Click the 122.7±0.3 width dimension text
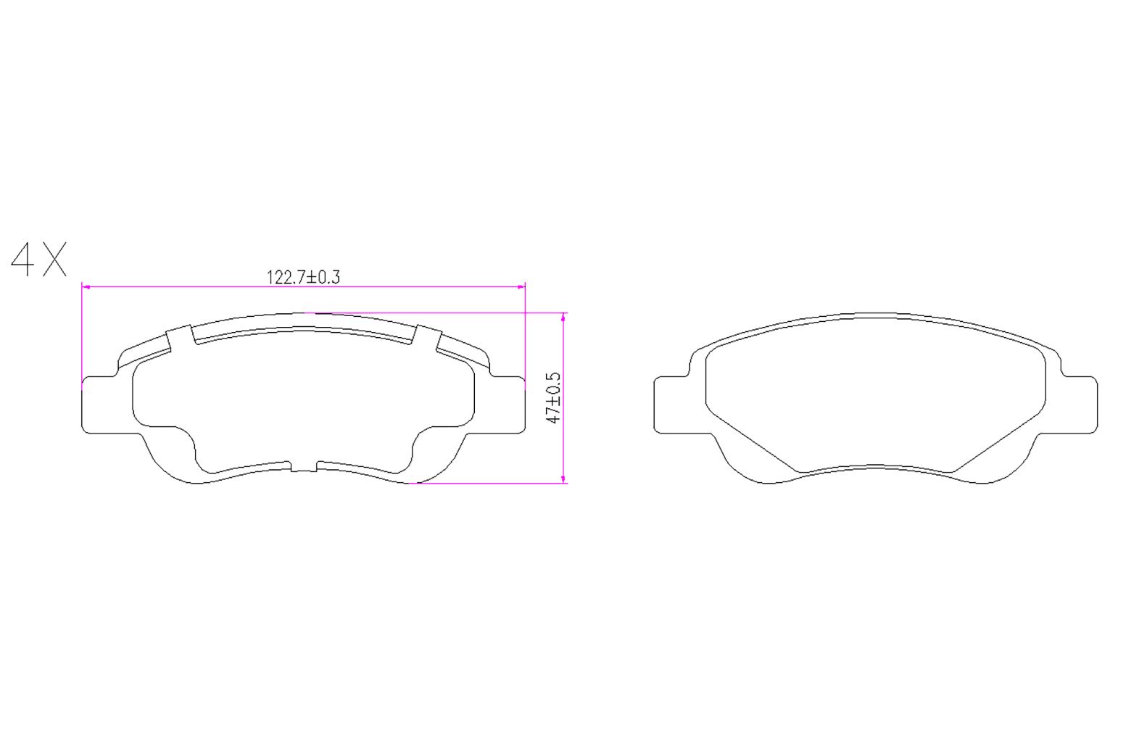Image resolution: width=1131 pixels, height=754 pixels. coord(304,277)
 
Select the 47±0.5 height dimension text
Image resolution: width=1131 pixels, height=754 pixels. coord(554,398)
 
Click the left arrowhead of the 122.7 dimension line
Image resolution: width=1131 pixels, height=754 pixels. coord(86,287)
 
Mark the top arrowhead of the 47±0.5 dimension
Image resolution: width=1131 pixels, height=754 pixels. coord(564,317)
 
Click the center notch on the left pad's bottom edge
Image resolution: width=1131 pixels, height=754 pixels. coord(304,468)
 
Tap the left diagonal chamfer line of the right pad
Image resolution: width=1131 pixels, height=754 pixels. coord(751,442)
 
